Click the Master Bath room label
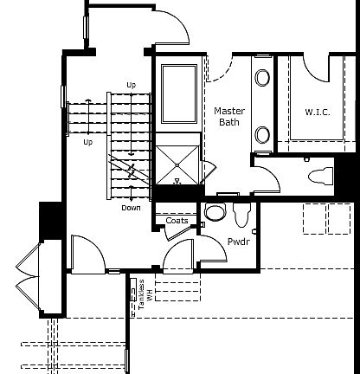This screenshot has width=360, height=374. [229, 116]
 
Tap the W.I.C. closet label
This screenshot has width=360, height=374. [318, 113]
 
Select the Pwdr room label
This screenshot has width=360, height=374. [238, 242]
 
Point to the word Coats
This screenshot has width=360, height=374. [177, 221]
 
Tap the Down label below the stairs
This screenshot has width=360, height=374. [131, 208]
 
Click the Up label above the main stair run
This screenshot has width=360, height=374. [132, 84]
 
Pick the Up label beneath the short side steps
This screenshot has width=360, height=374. [87, 141]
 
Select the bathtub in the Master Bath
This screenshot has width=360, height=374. [179, 94]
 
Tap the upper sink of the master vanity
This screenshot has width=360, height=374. [261, 78]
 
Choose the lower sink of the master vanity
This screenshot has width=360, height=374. [261, 134]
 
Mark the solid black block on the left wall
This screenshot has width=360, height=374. [48, 218]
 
